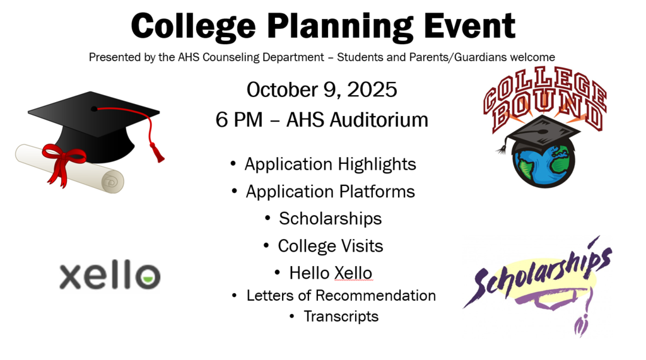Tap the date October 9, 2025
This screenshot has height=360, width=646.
[322, 90]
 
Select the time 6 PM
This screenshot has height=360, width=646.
[238, 119]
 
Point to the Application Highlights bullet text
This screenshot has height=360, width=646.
[330, 165]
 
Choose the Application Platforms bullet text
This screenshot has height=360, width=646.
[330, 192]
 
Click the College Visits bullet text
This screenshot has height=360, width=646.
[330, 246]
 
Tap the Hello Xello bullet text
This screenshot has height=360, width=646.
[330, 273]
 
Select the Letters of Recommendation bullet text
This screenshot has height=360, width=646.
[341, 295]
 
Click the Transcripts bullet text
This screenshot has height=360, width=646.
[341, 316]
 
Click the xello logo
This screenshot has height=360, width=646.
[110, 276]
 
